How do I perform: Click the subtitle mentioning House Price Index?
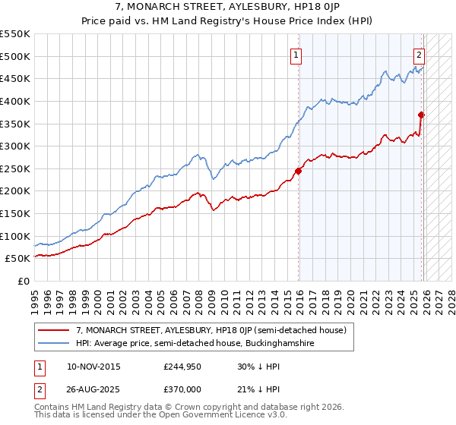coord(228,21)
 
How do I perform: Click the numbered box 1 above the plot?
coord(295,54)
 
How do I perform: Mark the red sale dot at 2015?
coord(299,171)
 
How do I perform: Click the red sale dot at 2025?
coord(422,115)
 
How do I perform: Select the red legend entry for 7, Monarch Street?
coord(211,330)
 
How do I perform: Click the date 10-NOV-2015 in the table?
coord(93,366)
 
